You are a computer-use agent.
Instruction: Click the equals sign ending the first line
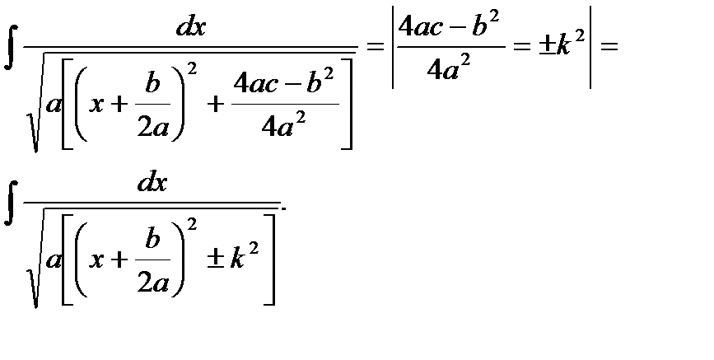click(x=609, y=48)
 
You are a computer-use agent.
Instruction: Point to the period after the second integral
click(x=284, y=206)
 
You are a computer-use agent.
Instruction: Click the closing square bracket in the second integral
click(x=269, y=261)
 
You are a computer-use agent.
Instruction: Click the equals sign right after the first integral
click(x=374, y=48)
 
